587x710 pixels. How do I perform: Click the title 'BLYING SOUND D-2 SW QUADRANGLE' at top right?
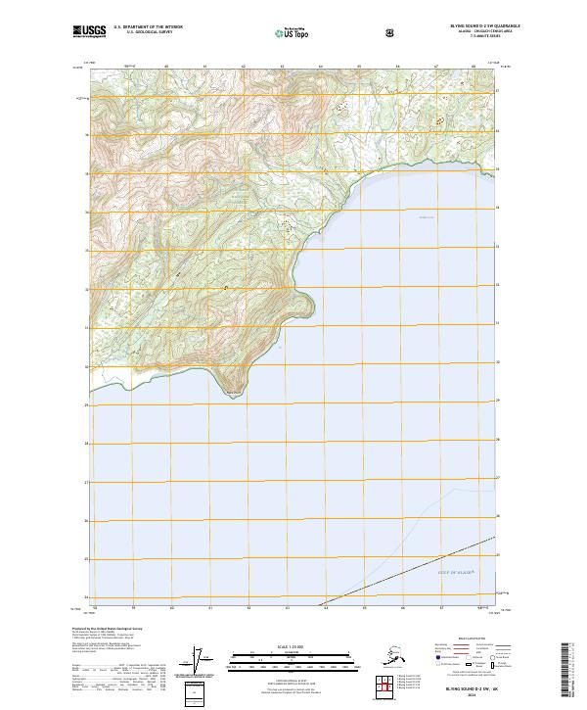(478, 26)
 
